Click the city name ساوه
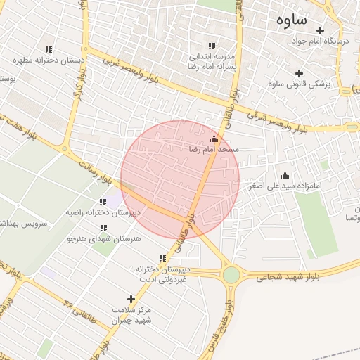289,20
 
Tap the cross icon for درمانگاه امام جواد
320,30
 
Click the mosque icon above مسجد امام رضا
214,138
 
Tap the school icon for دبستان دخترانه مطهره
49,49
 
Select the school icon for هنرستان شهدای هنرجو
104,228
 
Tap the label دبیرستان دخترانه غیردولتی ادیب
162,274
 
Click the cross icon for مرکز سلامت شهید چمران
131,300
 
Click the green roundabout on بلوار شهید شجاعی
231,274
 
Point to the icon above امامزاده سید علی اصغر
285,175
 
